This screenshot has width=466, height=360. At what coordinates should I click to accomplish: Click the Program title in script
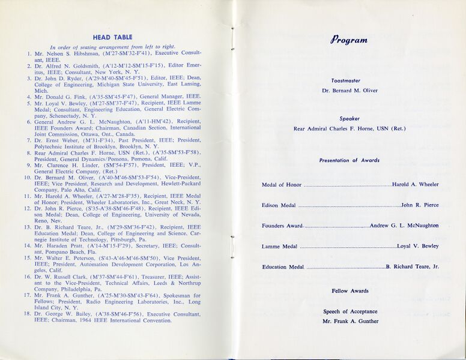(x=348, y=40)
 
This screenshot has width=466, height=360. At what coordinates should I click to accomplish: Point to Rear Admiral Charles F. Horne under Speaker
(x=349, y=128)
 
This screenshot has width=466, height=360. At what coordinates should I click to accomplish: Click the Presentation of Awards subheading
(x=349, y=160)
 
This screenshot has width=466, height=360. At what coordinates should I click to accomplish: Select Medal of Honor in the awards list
(x=282, y=185)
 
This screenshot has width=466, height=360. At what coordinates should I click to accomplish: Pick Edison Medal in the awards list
(x=279, y=205)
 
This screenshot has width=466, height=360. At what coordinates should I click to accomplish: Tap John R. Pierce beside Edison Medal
(x=420, y=205)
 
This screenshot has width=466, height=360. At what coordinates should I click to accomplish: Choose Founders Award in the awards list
(x=282, y=226)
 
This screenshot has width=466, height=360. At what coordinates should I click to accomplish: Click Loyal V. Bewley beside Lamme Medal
(x=418, y=246)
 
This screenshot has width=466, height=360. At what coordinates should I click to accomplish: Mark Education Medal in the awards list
(x=283, y=267)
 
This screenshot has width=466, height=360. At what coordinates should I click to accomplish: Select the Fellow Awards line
(x=350, y=291)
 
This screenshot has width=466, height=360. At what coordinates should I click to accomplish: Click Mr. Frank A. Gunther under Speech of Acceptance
(x=350, y=321)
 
